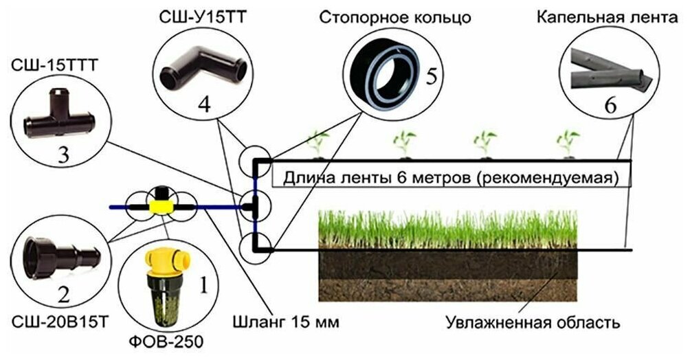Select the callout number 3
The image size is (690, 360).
pyautogui.click(x=63, y=155)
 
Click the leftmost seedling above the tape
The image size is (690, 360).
pyautogui.click(x=317, y=142)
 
